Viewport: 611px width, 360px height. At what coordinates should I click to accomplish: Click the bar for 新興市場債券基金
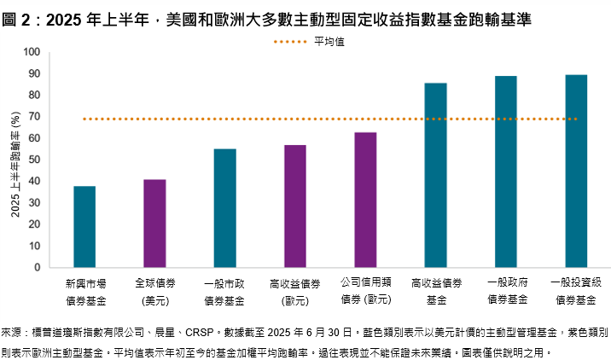click(84, 227)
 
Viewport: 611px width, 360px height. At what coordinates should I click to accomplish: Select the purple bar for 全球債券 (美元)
click(154, 224)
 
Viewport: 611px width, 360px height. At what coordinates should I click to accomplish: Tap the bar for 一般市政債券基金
click(224, 208)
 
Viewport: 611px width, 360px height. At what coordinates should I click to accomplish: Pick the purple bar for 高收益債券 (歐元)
click(294, 206)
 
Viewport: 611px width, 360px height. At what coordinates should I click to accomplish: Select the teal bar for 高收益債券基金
click(435, 175)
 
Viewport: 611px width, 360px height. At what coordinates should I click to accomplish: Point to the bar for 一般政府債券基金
click(505, 171)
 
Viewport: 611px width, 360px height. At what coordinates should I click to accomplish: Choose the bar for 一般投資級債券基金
click(576, 171)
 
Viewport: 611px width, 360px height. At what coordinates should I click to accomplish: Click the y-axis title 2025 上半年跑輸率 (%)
click(15, 160)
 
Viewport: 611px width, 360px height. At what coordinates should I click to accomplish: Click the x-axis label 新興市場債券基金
click(84, 290)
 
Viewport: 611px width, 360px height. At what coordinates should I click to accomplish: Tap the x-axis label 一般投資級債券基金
click(576, 290)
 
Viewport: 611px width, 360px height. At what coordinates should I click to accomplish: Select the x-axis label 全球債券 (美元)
click(154, 290)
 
